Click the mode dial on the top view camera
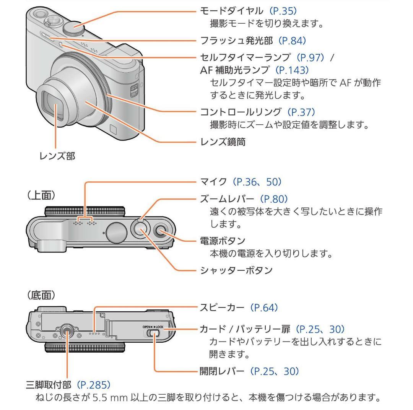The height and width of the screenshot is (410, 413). [x=116, y=233]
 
